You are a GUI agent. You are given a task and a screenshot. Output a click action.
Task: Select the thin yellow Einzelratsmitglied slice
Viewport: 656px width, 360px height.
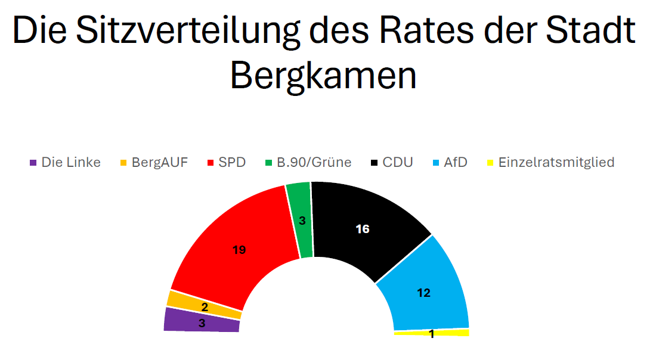[x=453, y=333]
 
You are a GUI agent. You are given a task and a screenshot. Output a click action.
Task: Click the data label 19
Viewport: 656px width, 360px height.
[x=239, y=250]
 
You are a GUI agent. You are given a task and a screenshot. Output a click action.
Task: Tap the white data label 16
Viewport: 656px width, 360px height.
[x=363, y=229]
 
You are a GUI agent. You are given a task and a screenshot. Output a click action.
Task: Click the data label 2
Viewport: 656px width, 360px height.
[x=205, y=308]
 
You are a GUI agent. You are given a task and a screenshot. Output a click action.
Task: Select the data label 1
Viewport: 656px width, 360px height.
[x=431, y=334]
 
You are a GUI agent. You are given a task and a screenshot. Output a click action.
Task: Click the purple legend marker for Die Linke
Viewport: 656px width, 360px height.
[x=33, y=163]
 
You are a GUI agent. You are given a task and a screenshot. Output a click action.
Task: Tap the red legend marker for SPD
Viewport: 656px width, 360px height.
[x=211, y=163]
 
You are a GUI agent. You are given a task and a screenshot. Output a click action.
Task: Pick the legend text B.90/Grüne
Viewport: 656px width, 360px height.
[x=314, y=162]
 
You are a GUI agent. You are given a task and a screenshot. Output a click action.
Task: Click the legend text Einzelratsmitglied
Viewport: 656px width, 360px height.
[x=556, y=162]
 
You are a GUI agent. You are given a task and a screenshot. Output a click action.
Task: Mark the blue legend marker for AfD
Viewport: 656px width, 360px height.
[x=435, y=163]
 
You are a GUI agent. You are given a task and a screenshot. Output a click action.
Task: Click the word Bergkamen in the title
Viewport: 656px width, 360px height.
[x=323, y=75]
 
